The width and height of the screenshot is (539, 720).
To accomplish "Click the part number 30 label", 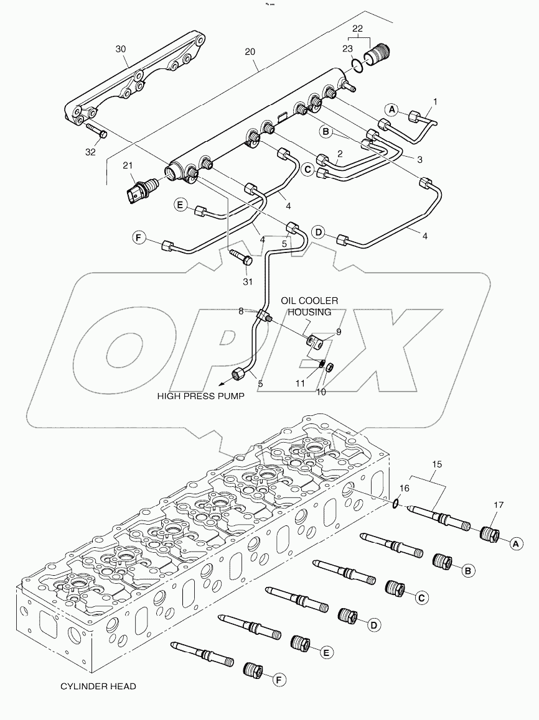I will click(121, 48).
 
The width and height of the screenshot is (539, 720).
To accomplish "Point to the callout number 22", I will click(357, 29).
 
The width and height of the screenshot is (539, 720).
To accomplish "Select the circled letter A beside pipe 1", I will click(392, 109).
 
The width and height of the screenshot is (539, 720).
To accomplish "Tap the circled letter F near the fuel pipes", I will click(139, 236).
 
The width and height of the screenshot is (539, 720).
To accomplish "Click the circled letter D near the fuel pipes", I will click(319, 233).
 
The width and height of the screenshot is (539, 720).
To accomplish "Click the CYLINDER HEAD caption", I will click(98, 686).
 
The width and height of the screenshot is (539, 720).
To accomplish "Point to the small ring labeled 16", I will click(396, 503).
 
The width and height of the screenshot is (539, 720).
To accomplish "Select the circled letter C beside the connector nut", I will click(421, 598).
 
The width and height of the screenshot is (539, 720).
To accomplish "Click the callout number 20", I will click(250, 53).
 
